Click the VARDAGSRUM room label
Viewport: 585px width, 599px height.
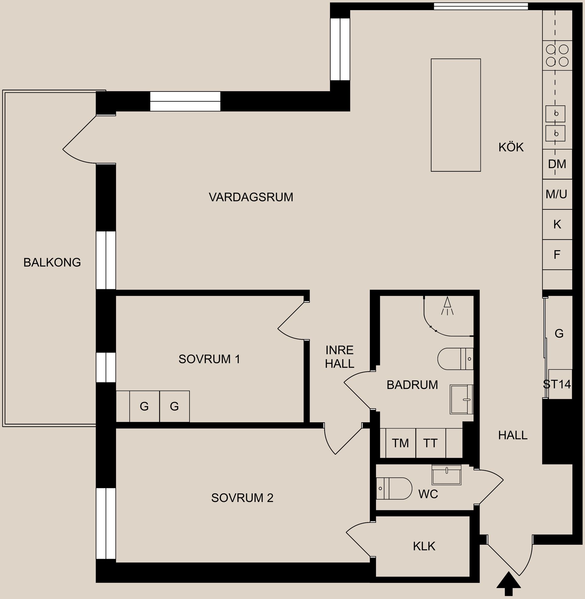click(x=251, y=197)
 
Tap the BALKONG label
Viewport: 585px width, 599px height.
click(x=52, y=262)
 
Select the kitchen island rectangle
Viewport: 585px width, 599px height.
click(x=456, y=115)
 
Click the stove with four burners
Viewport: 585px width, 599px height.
click(x=557, y=56)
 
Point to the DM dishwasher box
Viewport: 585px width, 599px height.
click(x=557, y=164)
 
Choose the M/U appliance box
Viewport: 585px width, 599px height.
click(x=556, y=194)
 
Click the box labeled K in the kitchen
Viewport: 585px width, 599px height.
click(x=557, y=225)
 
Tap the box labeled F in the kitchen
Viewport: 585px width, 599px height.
click(x=557, y=255)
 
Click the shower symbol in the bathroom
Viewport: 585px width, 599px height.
click(x=448, y=306)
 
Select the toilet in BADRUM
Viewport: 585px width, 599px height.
click(x=454, y=359)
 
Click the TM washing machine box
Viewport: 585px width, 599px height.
click(x=400, y=443)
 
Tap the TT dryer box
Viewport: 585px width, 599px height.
click(x=430, y=443)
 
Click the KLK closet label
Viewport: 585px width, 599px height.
click(x=424, y=547)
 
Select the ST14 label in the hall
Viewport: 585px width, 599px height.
click(x=557, y=384)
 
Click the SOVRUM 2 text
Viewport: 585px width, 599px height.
click(x=242, y=498)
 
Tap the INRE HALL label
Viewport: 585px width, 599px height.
click(x=339, y=357)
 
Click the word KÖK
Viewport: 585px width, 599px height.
click(x=511, y=147)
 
